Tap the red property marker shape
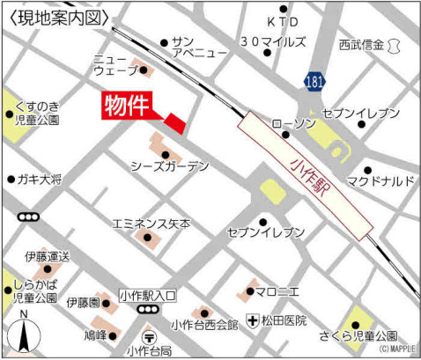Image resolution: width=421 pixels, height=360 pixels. (175, 123)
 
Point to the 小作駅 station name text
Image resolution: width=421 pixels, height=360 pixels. (307, 179)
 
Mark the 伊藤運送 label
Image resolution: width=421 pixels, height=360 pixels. (48, 256)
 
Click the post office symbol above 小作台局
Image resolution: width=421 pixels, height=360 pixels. (149, 334)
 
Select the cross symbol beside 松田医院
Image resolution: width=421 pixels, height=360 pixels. (252, 321)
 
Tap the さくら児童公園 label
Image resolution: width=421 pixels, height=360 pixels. (360, 336)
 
